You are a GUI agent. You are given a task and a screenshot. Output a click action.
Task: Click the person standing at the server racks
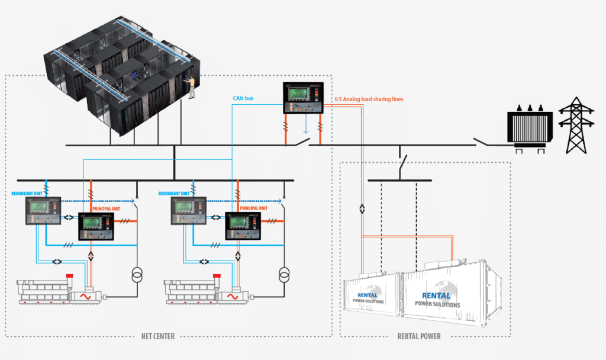pos(191,86)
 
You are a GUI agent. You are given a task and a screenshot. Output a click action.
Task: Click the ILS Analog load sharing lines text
pos(369,99)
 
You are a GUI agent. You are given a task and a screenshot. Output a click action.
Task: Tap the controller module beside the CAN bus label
pos(304,97)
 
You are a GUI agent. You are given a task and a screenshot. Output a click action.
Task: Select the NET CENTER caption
pos(158,336)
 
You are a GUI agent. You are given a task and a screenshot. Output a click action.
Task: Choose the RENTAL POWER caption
pos(418,336)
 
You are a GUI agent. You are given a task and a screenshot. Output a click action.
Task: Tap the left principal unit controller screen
pos(93,223)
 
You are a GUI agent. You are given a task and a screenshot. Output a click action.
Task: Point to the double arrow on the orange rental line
pos(362,209)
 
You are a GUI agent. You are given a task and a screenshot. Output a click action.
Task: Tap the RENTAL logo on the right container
pos(436,295)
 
